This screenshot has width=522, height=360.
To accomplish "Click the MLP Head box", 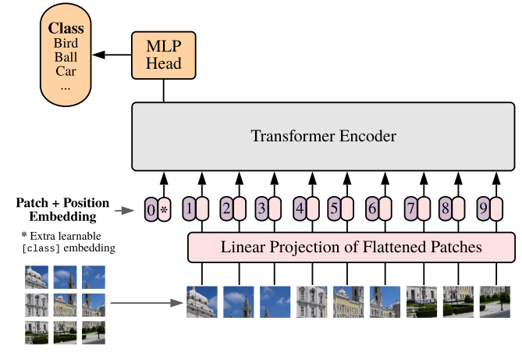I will pos(163,54).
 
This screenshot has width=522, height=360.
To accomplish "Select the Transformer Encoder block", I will pos(323,137).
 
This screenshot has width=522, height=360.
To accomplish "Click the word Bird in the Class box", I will pos(66,42).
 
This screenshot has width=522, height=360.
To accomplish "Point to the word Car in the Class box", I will pos(66,72).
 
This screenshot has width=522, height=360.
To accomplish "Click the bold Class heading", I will pos(66,27).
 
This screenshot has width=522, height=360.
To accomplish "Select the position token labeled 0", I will pos(151,209).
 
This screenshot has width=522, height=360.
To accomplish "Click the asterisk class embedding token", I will pos(164,209).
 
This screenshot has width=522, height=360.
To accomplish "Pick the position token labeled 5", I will pos(334,209).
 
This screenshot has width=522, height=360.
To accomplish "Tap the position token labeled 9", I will pos(483,209).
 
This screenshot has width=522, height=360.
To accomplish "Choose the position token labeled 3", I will pos(261,209).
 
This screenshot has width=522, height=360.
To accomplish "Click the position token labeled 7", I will pos(410,209).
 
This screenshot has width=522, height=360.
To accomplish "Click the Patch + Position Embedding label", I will pos(63,209).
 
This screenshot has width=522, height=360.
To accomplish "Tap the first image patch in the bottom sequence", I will pos(201,302).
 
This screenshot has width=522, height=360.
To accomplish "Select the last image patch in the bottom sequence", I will pos(495,302).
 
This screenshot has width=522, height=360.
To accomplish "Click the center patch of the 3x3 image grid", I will pos(65,305).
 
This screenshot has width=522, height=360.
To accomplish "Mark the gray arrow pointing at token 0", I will pos(127,209).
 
